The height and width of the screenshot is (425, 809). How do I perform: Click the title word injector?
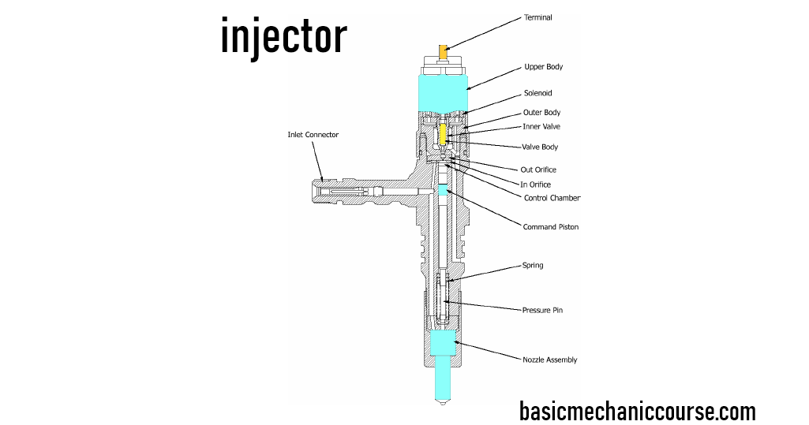point(283,36)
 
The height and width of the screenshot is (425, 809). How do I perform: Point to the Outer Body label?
point(541,113)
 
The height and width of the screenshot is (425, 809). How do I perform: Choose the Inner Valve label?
point(541,126)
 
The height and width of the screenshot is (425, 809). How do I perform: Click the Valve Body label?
point(541,147)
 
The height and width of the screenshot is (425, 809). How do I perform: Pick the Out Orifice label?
point(539,170)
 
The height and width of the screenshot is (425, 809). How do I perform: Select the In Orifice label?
point(537,185)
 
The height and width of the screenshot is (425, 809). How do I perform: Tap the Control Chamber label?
point(552,198)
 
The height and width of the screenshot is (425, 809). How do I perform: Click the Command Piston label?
point(550,227)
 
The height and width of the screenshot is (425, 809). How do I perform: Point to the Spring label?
point(533,266)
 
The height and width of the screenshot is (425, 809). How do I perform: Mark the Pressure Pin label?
point(542,310)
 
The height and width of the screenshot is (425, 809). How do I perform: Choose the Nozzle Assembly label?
point(549,360)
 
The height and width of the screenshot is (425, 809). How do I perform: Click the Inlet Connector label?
point(313,135)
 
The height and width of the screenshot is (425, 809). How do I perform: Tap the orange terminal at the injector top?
point(444,53)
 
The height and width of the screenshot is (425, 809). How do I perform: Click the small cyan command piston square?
point(443,189)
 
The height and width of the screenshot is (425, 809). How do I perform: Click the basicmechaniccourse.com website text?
point(637,411)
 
